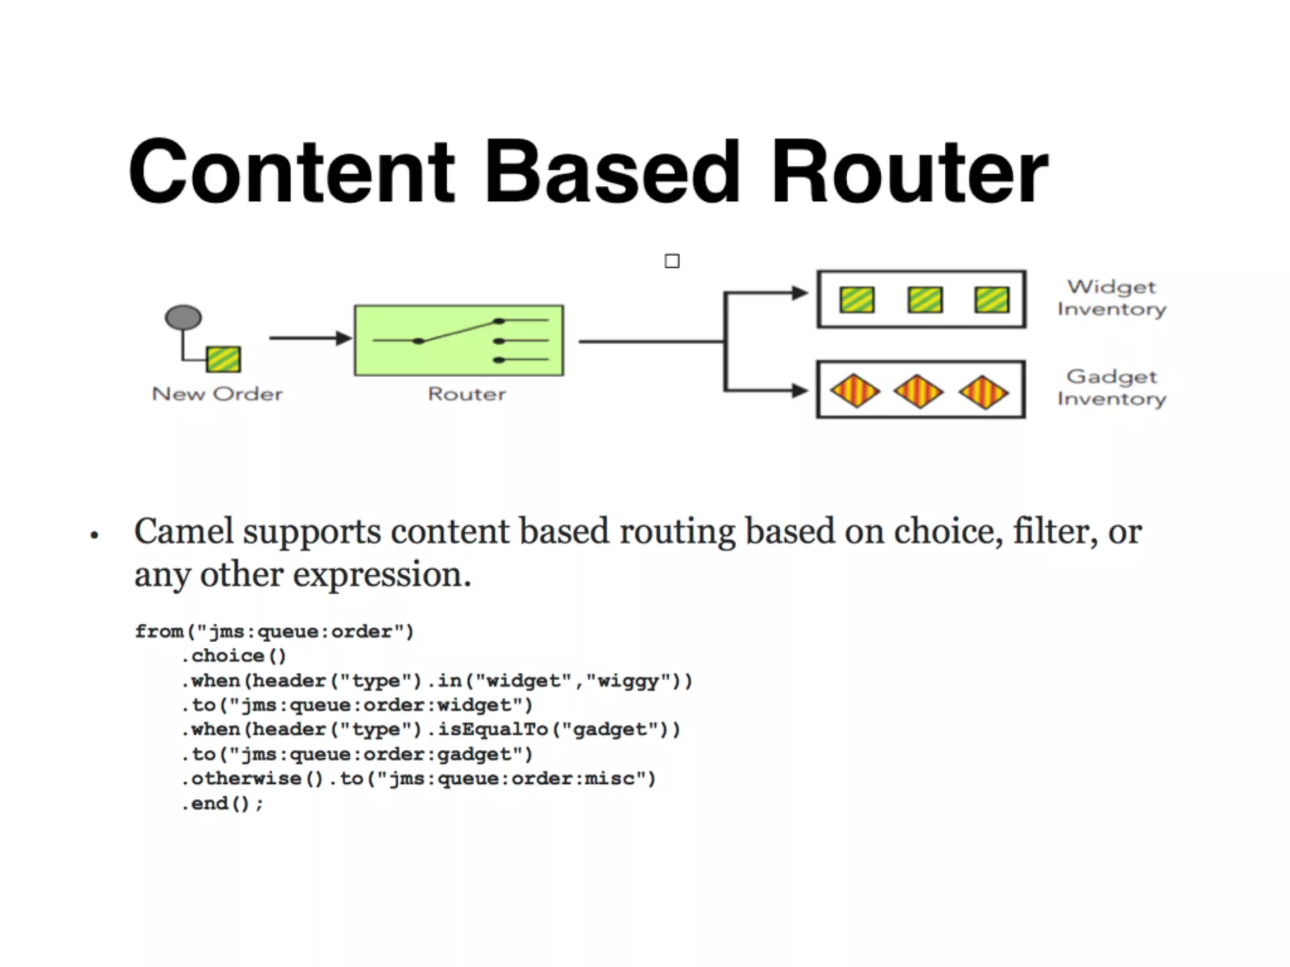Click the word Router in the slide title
pos(909,172)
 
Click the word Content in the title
pos(291,172)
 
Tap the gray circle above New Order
pos(183,317)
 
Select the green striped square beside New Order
pos(224,359)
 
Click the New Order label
pos(217,394)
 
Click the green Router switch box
pos(459,341)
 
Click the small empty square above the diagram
pos(672,261)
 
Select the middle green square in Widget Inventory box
pos(925,300)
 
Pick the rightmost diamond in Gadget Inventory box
pos(983,392)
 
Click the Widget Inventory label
pos(1112,298)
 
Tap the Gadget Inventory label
pos(1112,387)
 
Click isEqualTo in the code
pos(493,730)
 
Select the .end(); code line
pos(222,804)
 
